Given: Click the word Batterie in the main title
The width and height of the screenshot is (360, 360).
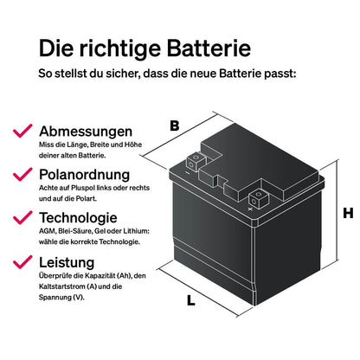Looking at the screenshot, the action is [x=209, y=48].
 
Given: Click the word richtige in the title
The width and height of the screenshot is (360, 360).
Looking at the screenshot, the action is [x=119, y=49].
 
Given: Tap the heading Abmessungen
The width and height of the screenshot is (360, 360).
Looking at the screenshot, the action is [x=86, y=132].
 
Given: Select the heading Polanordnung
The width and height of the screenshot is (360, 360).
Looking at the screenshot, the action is [x=85, y=175].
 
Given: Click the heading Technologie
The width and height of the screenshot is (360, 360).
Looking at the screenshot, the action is [x=78, y=218].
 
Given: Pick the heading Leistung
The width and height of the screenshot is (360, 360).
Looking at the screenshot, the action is [x=67, y=262].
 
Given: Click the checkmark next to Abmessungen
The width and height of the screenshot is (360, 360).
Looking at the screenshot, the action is [x=22, y=131].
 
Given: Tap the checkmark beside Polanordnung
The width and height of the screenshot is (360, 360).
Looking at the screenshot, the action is [x=22, y=174].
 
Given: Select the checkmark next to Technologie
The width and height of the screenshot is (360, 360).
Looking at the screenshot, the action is [x=22, y=217].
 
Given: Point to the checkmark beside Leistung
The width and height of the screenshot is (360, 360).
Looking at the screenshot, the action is [x=22, y=262].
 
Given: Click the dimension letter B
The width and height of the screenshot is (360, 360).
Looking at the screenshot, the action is [x=175, y=125].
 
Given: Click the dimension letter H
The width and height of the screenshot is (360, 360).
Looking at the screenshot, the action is [x=348, y=213].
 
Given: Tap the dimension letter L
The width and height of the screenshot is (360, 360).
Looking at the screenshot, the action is [x=190, y=300].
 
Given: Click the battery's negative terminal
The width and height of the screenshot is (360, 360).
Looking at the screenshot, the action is [x=195, y=161].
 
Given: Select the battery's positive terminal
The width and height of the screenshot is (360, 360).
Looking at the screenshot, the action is [x=258, y=198].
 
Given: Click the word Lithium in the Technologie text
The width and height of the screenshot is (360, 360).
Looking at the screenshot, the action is [x=137, y=231].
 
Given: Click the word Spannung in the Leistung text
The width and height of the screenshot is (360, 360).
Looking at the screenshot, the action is [x=55, y=298].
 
